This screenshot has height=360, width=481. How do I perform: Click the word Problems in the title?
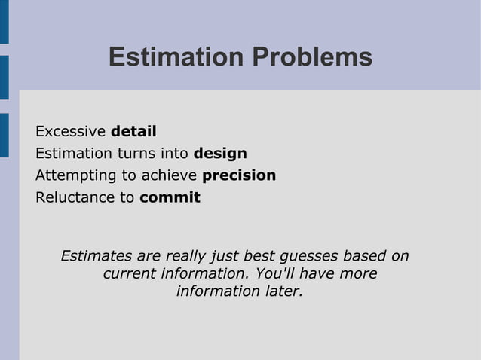tap(311, 57)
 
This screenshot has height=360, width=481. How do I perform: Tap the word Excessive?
tap(70, 132)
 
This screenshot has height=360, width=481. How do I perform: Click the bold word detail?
tap(133, 132)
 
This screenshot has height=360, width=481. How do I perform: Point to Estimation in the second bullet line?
tap(73, 154)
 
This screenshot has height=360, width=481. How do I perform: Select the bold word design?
tap(220, 154)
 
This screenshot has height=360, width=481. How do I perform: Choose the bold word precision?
tap(239, 175)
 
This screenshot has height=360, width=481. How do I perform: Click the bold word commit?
tap(170, 197)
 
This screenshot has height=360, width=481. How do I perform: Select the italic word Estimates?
tap(94, 256)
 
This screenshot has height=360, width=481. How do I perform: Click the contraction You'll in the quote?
tap(277, 273)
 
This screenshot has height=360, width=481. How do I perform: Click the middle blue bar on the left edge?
tap(5, 77)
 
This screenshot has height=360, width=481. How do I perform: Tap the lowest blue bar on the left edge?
tap(5, 135)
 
